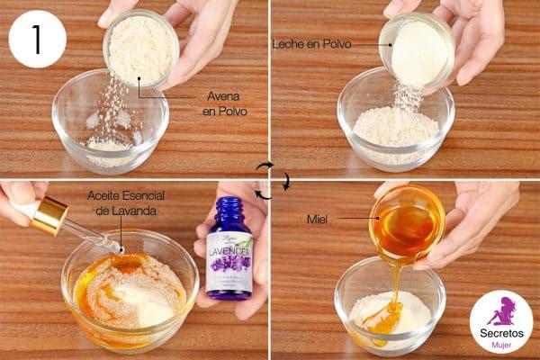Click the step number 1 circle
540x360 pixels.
(x=37, y=40)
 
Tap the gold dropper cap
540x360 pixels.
(x=49, y=215)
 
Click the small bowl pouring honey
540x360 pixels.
(x=407, y=222)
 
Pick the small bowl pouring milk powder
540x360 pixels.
(x=417, y=49)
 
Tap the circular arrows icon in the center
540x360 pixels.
(x=269, y=180)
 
